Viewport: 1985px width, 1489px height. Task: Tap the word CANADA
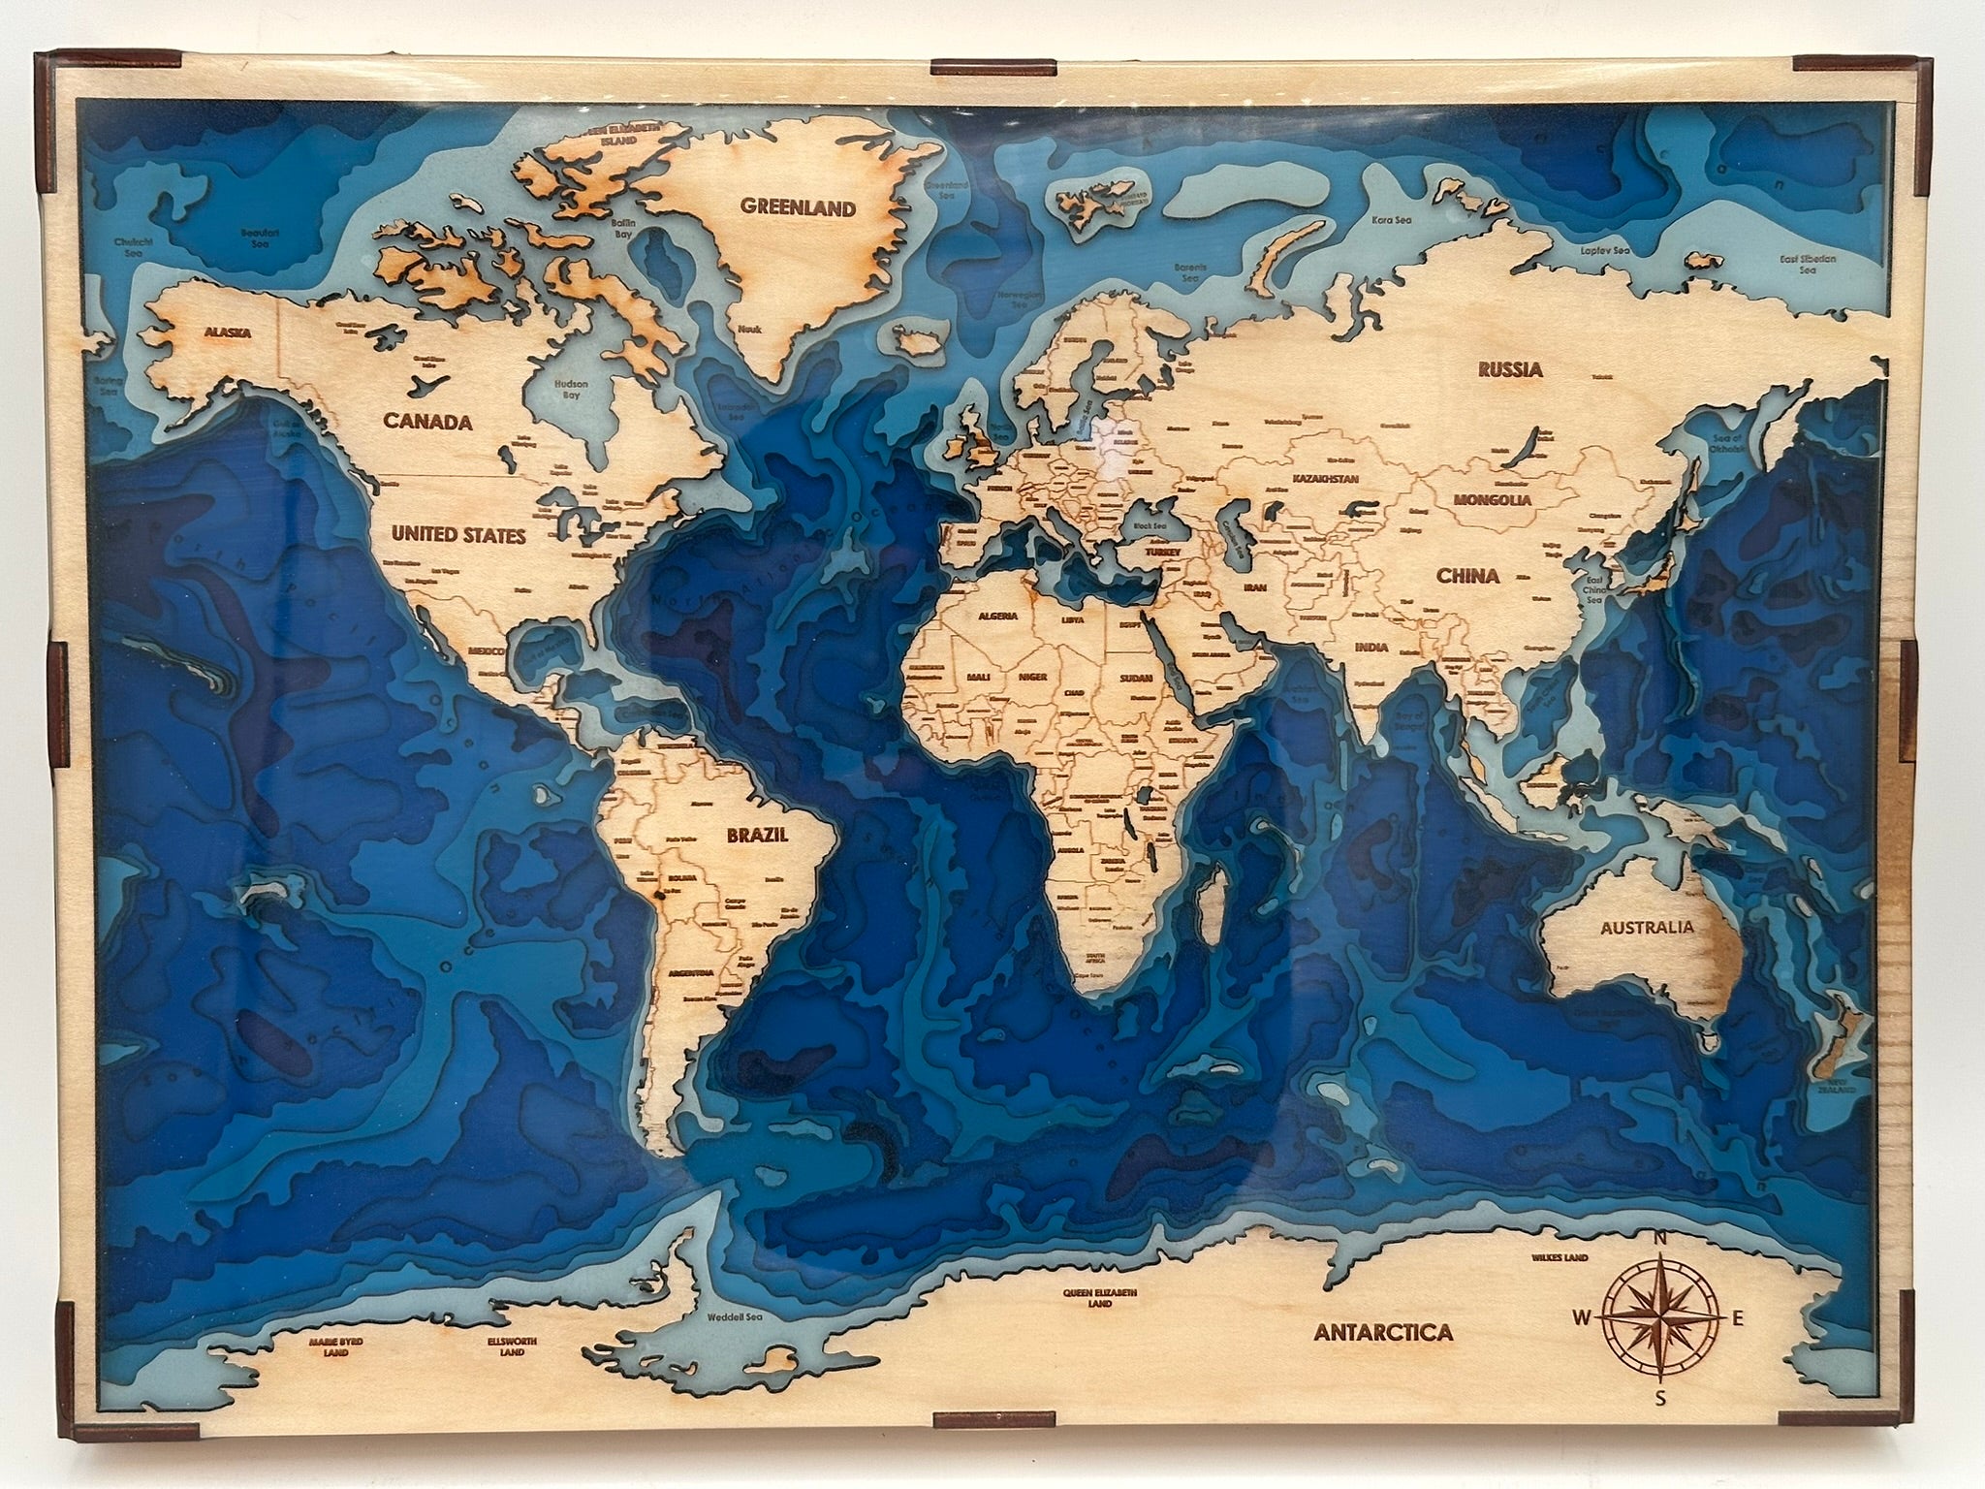(x=427, y=422)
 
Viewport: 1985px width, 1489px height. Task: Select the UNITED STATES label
(x=458, y=535)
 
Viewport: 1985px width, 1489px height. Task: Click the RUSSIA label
(x=1509, y=369)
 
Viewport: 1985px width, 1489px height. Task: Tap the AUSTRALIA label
(x=1647, y=927)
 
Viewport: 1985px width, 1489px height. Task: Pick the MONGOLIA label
(x=1492, y=500)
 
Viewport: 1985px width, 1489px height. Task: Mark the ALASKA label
(x=227, y=333)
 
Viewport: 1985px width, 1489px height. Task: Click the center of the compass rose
(x=1659, y=1316)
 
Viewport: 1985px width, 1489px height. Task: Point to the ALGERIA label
(x=998, y=616)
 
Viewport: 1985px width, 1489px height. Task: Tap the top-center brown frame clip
(x=992, y=68)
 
